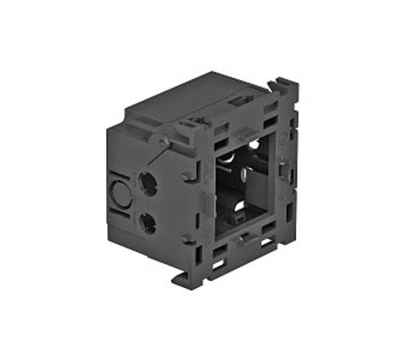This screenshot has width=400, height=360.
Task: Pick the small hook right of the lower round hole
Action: (x=186, y=237)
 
